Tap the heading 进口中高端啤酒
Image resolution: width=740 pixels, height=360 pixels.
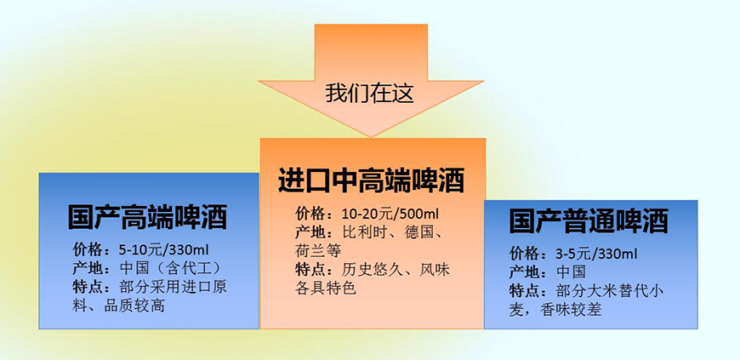click(371, 180)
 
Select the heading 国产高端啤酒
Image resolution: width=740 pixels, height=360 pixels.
click(147, 217)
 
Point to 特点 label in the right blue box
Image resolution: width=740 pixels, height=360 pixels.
click(532, 291)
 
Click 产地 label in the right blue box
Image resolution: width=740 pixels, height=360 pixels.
click(532, 272)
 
